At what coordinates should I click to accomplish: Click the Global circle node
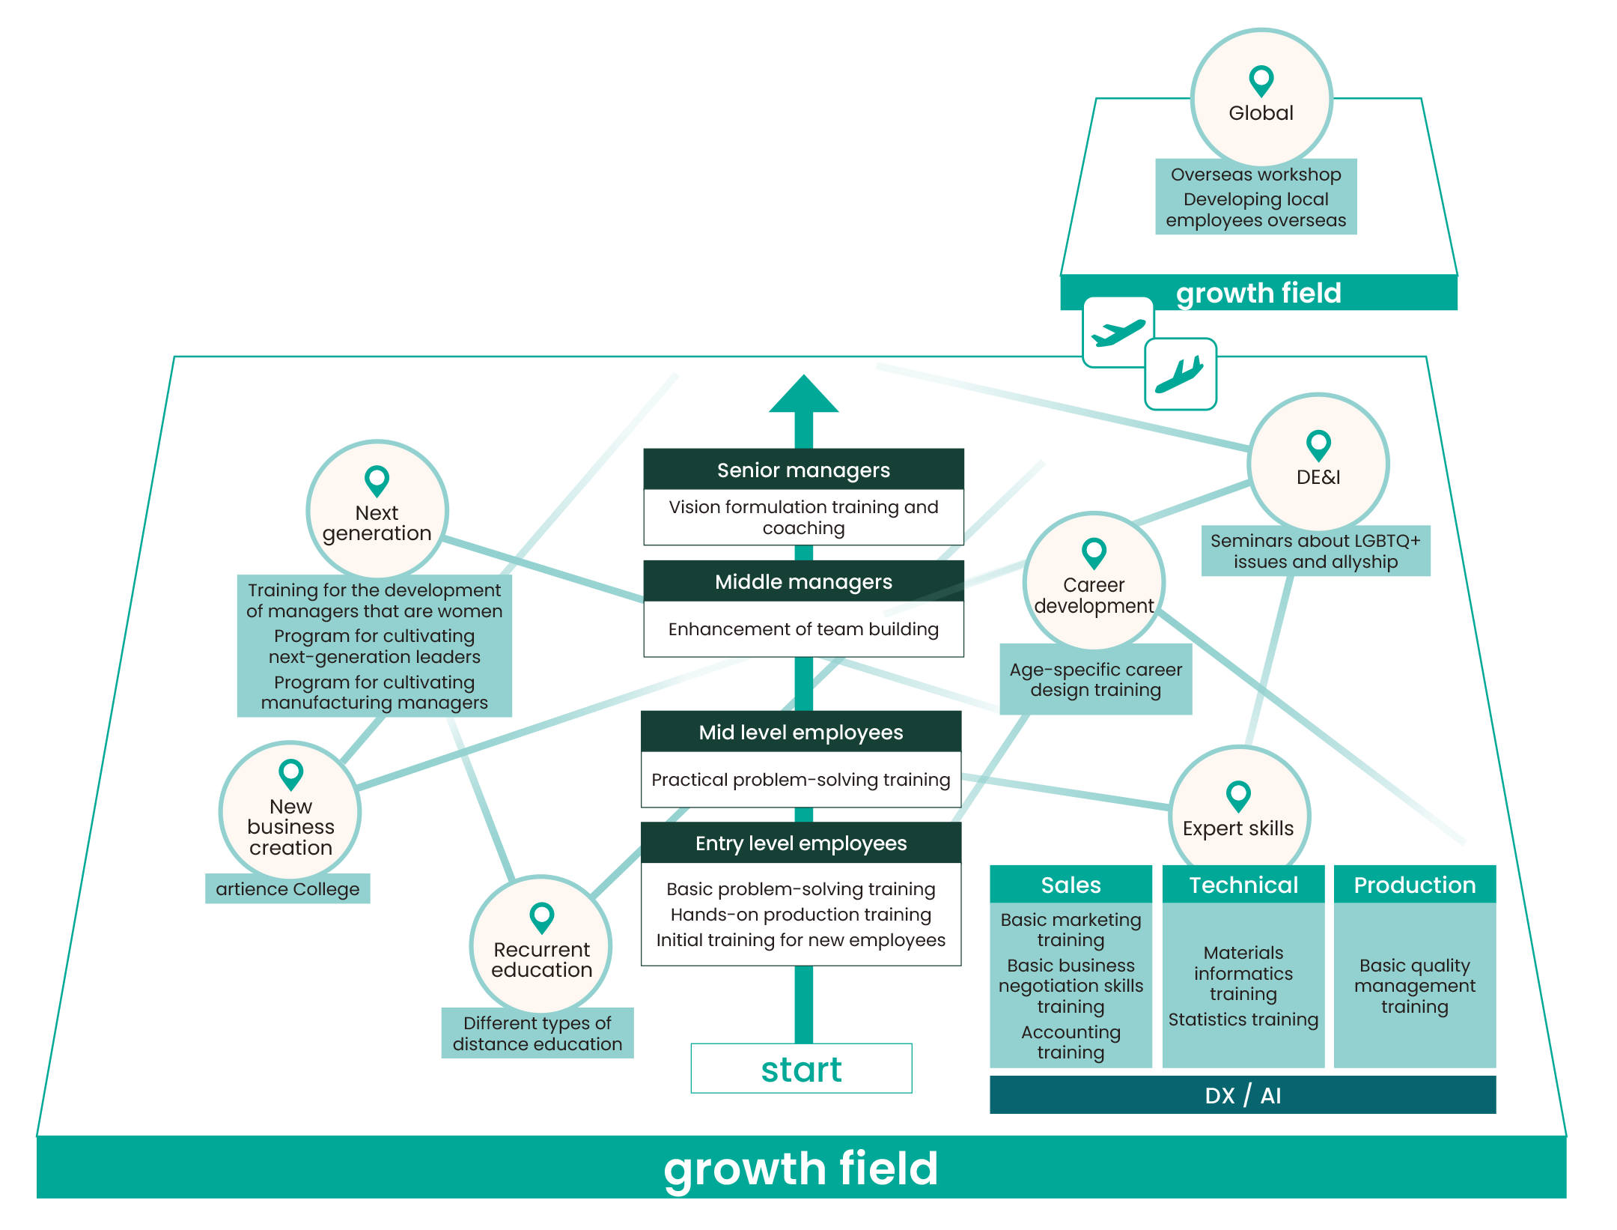tap(1261, 97)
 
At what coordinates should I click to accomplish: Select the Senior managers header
tap(803, 470)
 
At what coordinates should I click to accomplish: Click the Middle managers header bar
tap(803, 581)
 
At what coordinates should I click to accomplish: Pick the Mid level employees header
tap(801, 732)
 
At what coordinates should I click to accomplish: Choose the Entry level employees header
tap(801, 843)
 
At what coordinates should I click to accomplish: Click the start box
tap(801, 1069)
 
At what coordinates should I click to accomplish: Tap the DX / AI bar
tap(1243, 1095)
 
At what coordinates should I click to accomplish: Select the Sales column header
tap(1071, 885)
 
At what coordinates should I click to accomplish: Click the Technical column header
tap(1243, 885)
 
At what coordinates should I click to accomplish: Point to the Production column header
tap(1415, 885)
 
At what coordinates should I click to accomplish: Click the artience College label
tap(287, 889)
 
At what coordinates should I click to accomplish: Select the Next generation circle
tap(377, 510)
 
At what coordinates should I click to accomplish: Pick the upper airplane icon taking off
tap(1118, 332)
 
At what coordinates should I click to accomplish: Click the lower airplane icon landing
tap(1181, 374)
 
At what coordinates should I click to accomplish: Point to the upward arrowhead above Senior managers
tap(803, 394)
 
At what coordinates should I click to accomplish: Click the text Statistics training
tap(1243, 1020)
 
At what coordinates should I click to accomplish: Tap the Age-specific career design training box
tap(1096, 679)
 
